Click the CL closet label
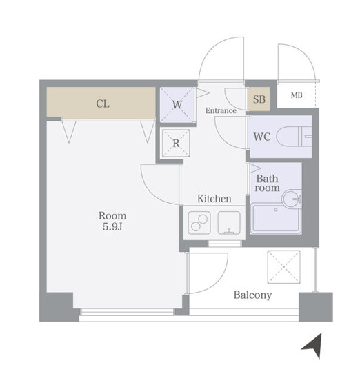tap(103, 104)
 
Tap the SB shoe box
tap(259, 99)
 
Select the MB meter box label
tap(297, 95)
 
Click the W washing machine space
tap(177, 105)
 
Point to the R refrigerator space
tap(176, 143)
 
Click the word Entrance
tap(221, 110)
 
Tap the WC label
tap(262, 137)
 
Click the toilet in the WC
tap(294, 137)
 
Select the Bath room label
tap(267, 183)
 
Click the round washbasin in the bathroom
tap(292, 199)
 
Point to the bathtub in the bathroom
tap(276, 218)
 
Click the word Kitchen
tap(214, 199)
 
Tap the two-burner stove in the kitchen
tap(199, 223)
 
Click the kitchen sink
tap(229, 223)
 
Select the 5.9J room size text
tap(112, 227)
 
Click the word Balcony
tap(252, 295)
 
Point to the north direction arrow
tap(314, 346)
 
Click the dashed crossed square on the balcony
tap(284, 267)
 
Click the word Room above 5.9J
tap(112, 216)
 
